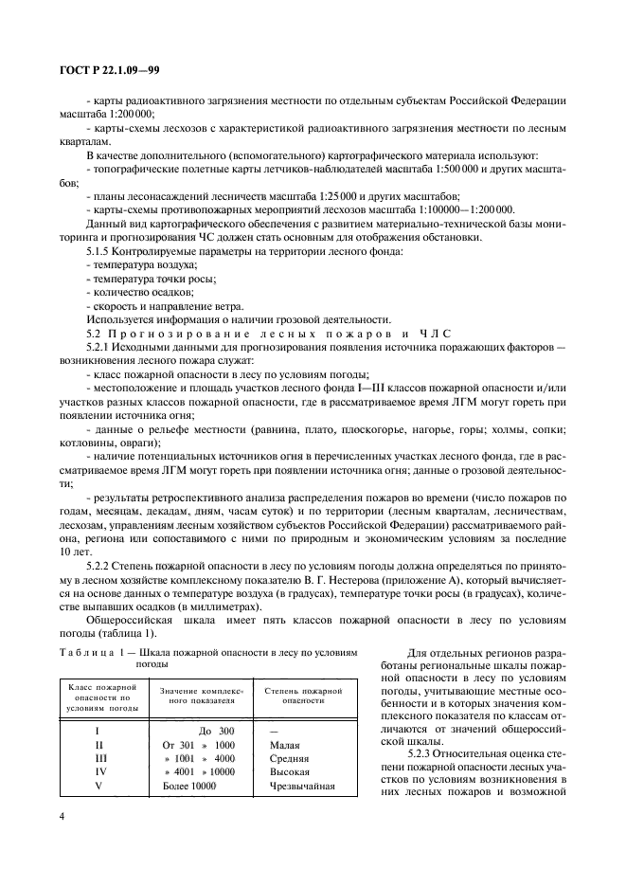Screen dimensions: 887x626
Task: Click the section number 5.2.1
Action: [100, 348]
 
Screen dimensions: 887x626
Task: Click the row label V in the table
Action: [99, 786]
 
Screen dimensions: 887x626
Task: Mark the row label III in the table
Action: [101, 758]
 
